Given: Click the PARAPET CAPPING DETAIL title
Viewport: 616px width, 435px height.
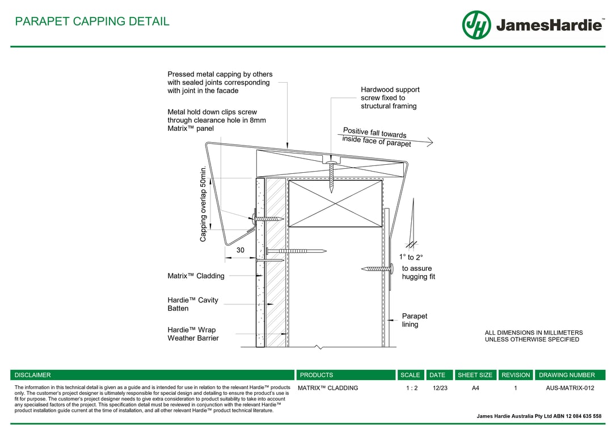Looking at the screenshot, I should pos(92,22).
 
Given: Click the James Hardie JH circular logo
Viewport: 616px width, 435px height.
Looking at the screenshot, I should pos(476,25).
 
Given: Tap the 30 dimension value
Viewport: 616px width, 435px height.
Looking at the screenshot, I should pos(241,250).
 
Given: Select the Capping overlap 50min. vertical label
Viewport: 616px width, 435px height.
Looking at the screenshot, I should pos(204,204).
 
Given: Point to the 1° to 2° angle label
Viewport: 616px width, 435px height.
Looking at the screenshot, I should pos(411,257).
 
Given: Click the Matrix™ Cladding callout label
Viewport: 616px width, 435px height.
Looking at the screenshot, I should pos(196,276).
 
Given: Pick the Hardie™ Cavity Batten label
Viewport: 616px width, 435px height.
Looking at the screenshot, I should pos(193,304).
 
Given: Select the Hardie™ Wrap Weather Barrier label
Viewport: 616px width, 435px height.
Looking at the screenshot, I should pos(193,334).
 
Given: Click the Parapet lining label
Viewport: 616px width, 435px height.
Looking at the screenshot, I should pos(415,320).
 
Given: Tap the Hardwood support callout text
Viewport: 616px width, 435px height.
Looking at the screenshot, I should pos(390,97).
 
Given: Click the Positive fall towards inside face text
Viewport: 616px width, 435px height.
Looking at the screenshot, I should pos(376,137).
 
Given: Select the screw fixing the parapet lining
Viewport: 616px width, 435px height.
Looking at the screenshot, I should pos(377,268).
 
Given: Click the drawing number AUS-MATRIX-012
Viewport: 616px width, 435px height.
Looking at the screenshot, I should pos(569,388).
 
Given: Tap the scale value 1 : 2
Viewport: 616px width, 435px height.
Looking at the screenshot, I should pos(412,388).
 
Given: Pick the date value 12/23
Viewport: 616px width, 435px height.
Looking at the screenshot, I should pos(440,388).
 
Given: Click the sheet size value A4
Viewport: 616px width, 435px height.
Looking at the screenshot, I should pos(475,388).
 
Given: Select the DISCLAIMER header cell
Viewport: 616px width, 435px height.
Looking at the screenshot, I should pos(33,375).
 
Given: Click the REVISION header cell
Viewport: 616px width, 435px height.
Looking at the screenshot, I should pos(516,375).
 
